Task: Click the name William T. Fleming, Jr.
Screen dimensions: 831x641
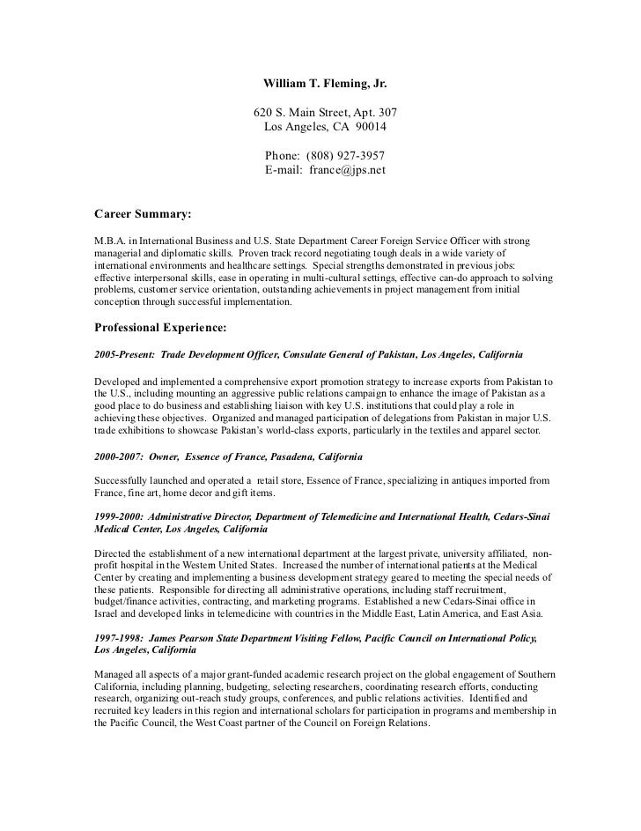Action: (325, 85)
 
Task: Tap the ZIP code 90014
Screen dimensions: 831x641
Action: (371, 129)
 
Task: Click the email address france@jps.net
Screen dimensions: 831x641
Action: (347, 170)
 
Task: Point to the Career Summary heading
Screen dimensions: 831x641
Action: (142, 213)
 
